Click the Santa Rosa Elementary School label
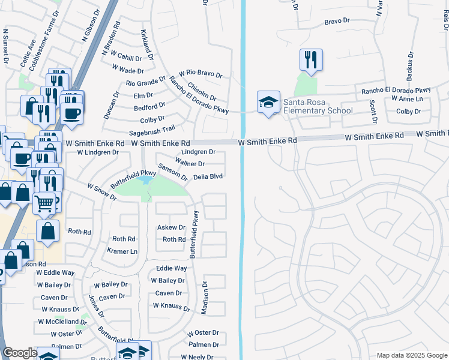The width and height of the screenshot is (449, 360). coord(318,106)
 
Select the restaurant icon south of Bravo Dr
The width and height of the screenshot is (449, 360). coord(311,60)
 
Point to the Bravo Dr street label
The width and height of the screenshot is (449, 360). coord(337,21)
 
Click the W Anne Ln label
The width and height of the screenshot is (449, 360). coord(407,98)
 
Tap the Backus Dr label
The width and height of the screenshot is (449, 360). coord(411,65)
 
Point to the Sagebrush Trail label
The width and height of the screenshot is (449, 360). coord(152,129)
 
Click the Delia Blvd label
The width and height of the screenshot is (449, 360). coord(208,177)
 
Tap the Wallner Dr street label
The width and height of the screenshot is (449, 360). coord(190,164)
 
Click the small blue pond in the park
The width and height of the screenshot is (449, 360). coord(145,179)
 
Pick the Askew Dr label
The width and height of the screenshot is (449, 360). coord(171,228)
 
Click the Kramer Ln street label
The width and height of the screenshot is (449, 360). coord(122,251)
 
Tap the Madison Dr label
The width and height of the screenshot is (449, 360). coord(204,298)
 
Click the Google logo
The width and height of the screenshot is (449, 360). coord(20,353)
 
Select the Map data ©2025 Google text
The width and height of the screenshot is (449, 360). coord(411,355)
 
